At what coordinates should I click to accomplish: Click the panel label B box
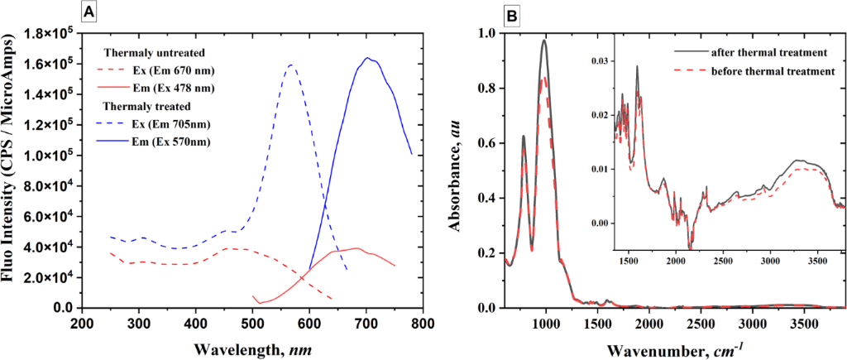coord(512,12)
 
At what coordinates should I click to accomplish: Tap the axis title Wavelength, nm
coord(252,348)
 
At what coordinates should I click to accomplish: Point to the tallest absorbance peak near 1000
coord(543,40)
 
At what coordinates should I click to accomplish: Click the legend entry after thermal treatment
coord(770,52)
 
